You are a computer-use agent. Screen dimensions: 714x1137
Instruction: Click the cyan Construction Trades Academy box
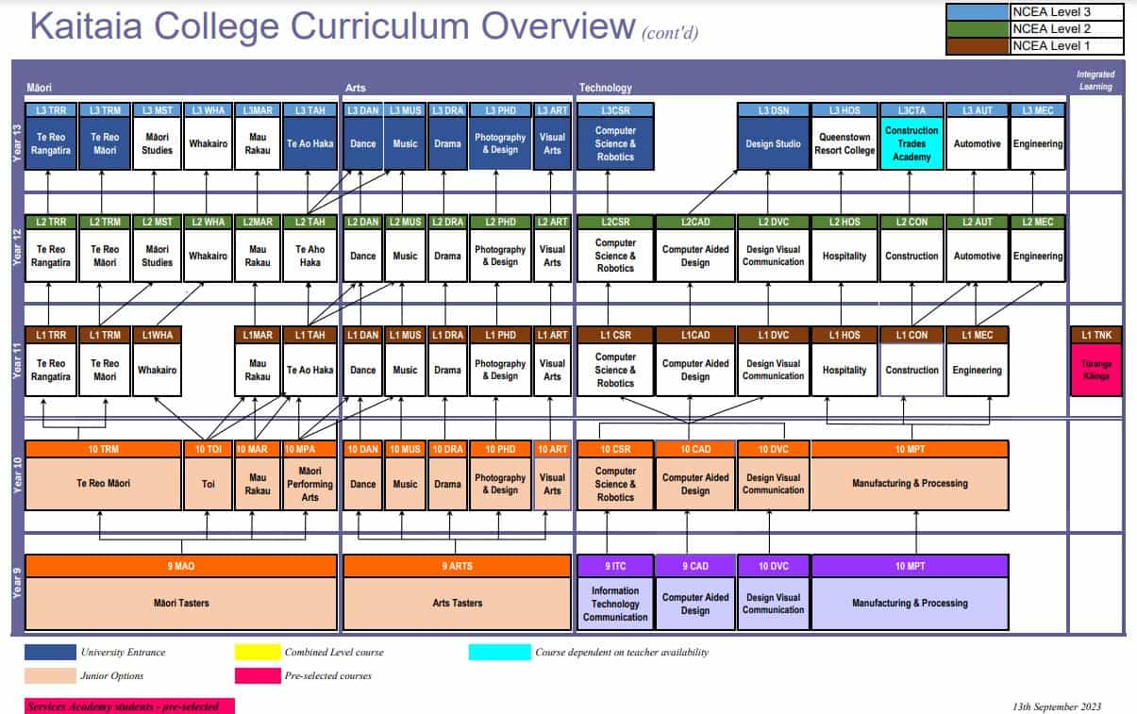pyautogui.click(x=911, y=144)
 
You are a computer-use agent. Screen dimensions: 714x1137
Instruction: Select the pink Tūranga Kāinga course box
pyautogui.click(x=1095, y=370)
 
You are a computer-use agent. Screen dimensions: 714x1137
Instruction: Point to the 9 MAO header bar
pyautogui.click(x=180, y=566)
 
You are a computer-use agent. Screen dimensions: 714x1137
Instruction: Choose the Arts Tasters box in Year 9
pyautogui.click(x=457, y=603)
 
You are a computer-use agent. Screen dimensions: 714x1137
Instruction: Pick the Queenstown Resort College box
pyautogui.click(x=845, y=144)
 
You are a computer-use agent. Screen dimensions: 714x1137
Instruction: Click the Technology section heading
pyautogui.click(x=605, y=88)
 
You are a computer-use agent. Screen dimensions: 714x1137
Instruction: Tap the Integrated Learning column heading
pyautogui.click(x=1095, y=80)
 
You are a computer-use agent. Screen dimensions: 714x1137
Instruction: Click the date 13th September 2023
pyautogui.click(x=1056, y=706)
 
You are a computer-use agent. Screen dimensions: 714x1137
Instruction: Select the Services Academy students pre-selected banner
pyautogui.click(x=128, y=706)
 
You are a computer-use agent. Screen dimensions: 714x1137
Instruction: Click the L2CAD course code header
pyautogui.click(x=694, y=222)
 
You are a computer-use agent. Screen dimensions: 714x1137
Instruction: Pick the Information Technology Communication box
pyautogui.click(x=615, y=604)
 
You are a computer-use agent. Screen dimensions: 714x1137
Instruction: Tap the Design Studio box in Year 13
pyautogui.click(x=773, y=144)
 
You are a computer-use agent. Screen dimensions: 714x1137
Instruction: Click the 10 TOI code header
pyautogui.click(x=208, y=449)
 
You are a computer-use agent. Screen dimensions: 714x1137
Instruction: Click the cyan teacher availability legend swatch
pyautogui.click(x=499, y=652)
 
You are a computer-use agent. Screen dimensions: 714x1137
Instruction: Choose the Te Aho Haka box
pyautogui.click(x=309, y=256)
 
